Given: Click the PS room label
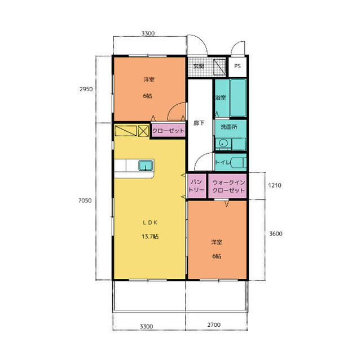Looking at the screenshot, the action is pos(237,66).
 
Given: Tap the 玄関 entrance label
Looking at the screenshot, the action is pos(199,66).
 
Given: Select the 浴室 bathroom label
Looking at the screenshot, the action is pos(221,97).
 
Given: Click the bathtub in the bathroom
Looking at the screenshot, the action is pos(238,98).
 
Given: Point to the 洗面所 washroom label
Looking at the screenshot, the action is pos(228,127).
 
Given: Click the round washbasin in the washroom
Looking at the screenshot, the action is pos(223,144).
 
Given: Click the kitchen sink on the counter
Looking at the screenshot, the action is pos(146,166).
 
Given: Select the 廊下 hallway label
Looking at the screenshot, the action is pos(199,123).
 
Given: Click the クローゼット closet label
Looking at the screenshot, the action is pos(169,131).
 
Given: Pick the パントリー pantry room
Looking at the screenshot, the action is pos(197,186).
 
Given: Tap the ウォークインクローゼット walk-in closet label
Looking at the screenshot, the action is pos(228,186).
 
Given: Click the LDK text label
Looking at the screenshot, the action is pos(150,223).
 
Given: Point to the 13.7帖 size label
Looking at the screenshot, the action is pos(150,236).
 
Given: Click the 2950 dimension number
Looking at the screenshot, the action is pos(86,89).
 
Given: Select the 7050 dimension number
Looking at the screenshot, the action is pos(85,201).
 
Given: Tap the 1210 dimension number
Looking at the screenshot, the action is pos(275,185).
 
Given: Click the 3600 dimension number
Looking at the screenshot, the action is pos(276,234).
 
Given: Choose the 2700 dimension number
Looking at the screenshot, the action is pos(214,325).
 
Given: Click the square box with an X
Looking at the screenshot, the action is pos(143,131).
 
